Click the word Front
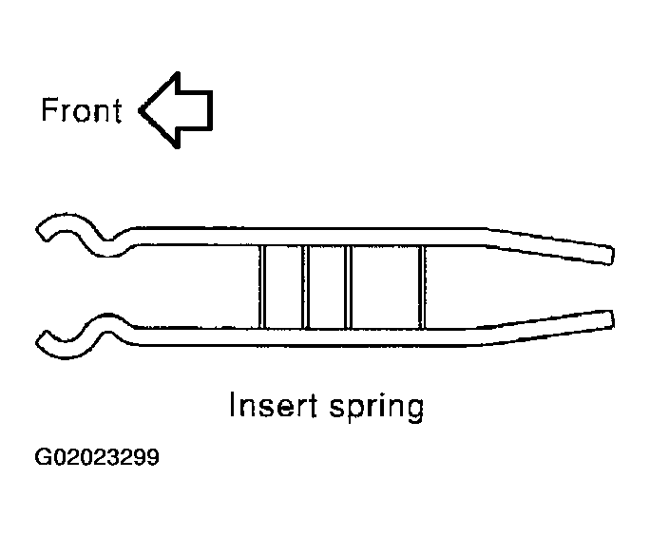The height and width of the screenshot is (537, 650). coord(82,110)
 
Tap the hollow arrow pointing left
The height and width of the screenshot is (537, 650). coord(176,110)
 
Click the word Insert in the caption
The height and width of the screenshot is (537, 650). coord(273,405)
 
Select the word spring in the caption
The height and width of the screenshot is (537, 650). coord(377,408)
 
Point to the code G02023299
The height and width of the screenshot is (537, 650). coord(97,457)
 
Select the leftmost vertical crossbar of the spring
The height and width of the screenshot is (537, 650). coord(262,286)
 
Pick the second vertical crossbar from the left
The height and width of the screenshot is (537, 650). coord(306,286)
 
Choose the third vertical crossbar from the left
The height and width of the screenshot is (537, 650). coord(349,286)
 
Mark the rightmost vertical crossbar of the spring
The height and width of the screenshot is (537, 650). coord(422,286)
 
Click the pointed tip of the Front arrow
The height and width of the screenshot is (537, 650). coord(140,110)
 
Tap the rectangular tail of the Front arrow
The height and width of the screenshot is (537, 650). coord(195,110)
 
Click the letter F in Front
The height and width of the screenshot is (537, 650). coord(48,110)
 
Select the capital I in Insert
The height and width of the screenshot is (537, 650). coord(232,404)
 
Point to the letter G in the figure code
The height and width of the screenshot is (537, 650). coord(43,457)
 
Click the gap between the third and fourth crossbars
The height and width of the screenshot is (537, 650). coord(386,286)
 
